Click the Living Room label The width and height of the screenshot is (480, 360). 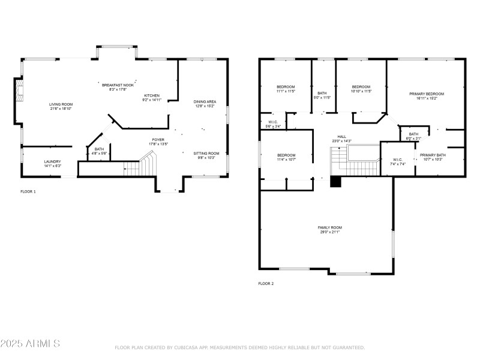point(60,104)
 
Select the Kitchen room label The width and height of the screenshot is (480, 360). point(151,96)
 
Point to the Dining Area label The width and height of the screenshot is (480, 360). point(205,101)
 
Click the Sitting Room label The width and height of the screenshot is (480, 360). point(206,154)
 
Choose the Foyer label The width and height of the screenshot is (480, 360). point(158,140)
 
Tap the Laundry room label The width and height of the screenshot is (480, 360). point(53,161)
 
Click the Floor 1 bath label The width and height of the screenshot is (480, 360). point(99,149)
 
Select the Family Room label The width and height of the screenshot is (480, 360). point(329,227)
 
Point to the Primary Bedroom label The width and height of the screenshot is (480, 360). point(427,94)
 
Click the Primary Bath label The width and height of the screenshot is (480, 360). point(433,155)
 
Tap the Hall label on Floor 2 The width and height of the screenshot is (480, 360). point(341,136)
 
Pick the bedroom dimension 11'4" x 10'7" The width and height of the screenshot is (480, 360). point(286,159)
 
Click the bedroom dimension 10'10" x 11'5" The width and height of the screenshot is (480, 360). point(361,91)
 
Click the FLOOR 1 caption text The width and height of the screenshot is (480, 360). point(28,191)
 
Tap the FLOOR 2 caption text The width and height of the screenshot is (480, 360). point(266,283)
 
